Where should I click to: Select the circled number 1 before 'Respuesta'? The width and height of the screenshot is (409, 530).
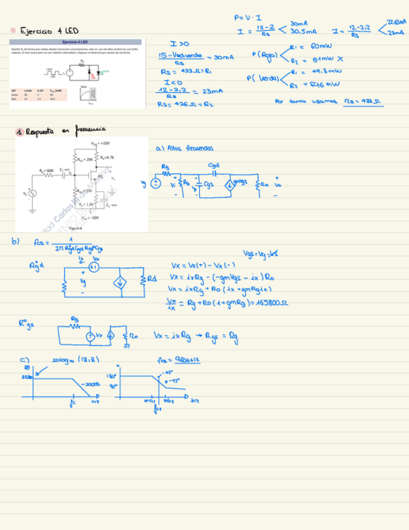point(20,131)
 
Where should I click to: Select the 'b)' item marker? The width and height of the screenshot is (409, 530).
point(16,241)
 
